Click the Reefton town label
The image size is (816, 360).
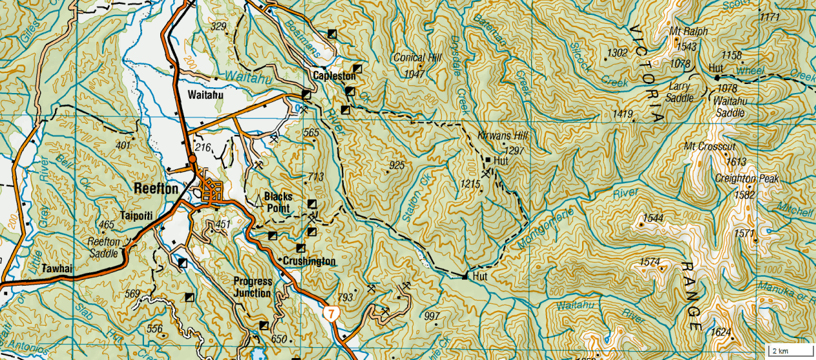pyautogui.click(x=156, y=188)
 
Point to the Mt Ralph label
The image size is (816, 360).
pyautogui.click(x=689, y=32)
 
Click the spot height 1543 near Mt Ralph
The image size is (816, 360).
pyautogui.click(x=686, y=47)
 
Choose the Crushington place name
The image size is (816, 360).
pyautogui.click(x=309, y=261)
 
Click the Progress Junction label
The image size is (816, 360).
pyautogui.click(x=253, y=287)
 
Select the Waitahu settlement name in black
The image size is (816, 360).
pyautogui.click(x=205, y=95)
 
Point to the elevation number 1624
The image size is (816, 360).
pyautogui.click(x=721, y=332)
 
